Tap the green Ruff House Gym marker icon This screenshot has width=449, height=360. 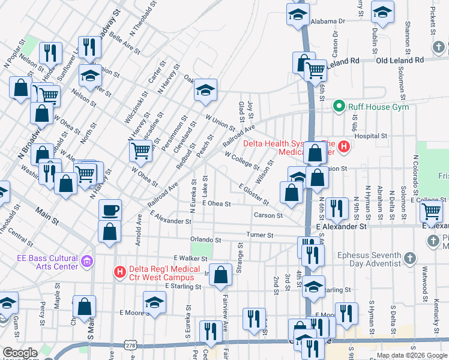339,107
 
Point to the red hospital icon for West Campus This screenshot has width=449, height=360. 119,272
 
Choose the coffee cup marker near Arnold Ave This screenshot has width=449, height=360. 110,211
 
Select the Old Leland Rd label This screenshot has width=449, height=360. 400,60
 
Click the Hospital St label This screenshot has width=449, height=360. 370,136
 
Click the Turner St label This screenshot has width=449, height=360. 261,235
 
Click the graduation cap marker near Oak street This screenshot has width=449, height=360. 205,91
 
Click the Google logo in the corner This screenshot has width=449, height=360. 20,353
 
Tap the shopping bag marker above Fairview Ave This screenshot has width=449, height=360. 221,275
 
